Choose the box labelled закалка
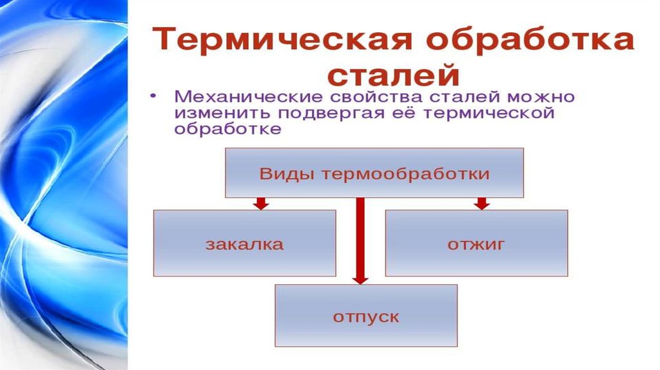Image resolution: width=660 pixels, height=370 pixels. point(244,243)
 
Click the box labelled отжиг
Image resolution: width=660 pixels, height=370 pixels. point(476,243)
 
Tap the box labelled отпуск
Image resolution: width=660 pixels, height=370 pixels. point(366,316)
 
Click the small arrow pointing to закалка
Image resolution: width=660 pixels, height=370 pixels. point(260,203)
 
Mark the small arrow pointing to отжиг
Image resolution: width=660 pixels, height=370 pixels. point(481,203)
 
